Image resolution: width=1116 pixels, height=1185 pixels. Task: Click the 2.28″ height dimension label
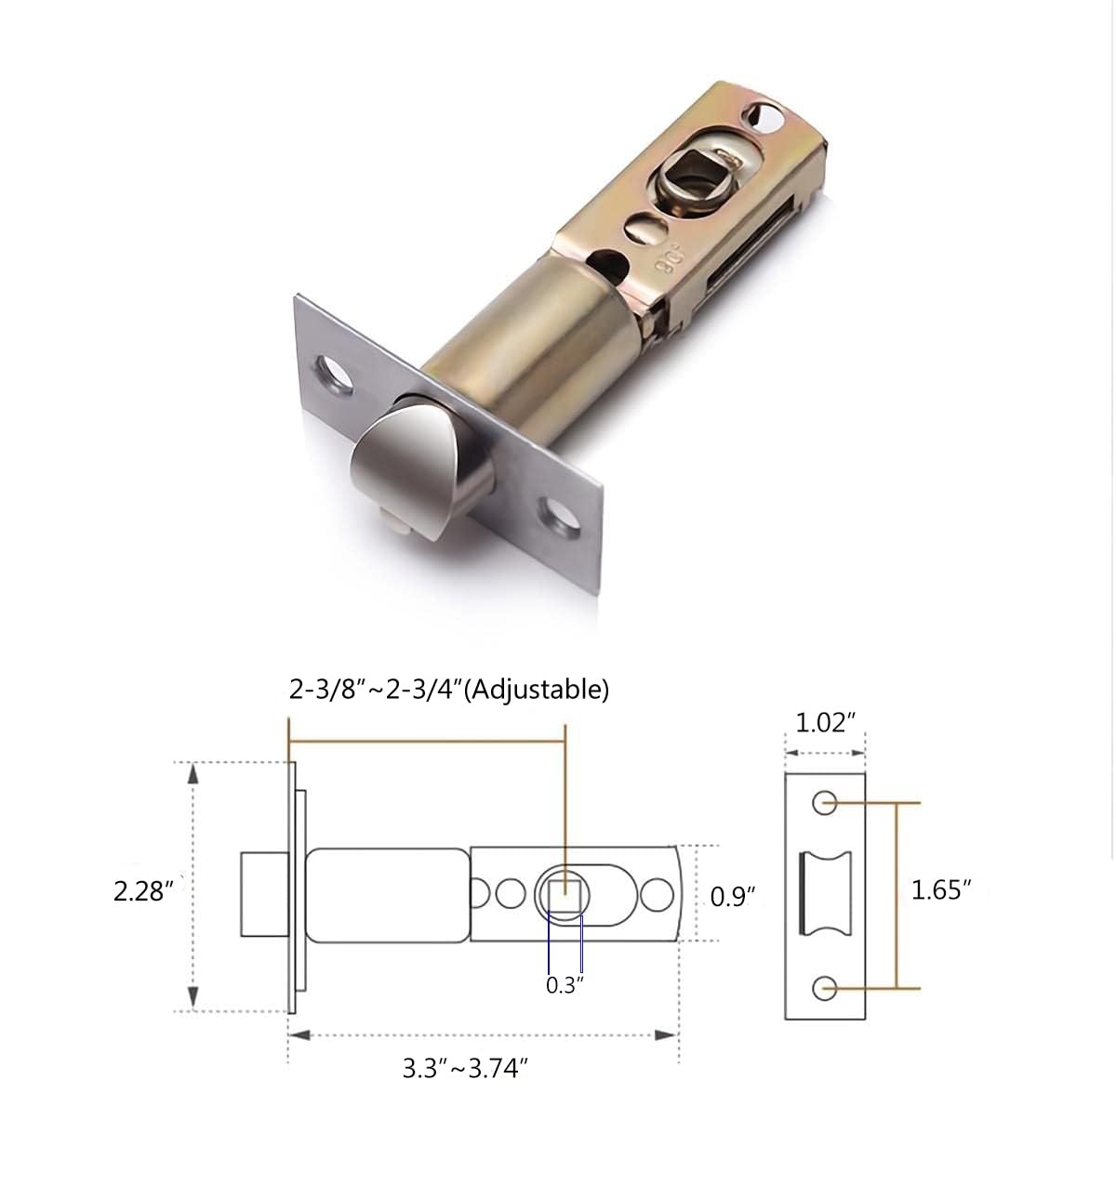click(142, 891)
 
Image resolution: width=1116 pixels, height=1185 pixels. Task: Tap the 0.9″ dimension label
click(733, 897)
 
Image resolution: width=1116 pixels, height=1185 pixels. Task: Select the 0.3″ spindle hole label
click(565, 985)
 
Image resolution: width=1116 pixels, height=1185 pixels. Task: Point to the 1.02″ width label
click(826, 722)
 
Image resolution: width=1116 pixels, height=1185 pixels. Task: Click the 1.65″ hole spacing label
click(941, 890)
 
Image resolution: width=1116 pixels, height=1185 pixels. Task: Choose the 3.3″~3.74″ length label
click(465, 1068)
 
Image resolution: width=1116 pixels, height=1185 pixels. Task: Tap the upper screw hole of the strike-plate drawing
click(824, 802)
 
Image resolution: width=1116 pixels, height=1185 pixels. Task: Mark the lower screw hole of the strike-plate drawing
click(824, 989)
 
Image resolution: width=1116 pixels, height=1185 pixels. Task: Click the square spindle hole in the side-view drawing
click(565, 896)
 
